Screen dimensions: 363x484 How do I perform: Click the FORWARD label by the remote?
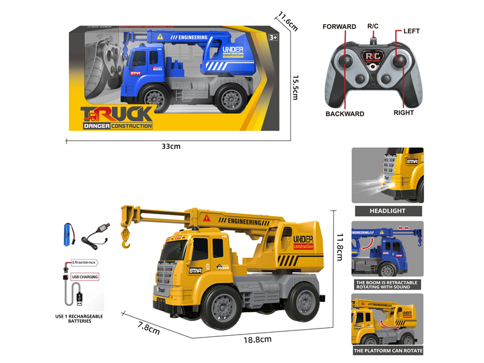[339, 27]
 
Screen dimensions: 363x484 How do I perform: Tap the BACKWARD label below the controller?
[345, 114]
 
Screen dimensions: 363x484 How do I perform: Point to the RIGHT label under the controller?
[404, 113]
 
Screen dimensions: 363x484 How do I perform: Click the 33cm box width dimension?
[171, 146]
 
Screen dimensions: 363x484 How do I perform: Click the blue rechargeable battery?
[68, 232]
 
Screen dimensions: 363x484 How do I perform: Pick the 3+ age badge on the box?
[273, 38]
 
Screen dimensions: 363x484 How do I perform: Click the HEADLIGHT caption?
[388, 211]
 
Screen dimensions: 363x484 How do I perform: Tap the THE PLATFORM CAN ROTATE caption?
[388, 350]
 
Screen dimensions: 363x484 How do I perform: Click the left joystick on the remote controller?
[346, 62]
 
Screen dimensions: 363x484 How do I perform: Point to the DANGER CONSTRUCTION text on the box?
[118, 126]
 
